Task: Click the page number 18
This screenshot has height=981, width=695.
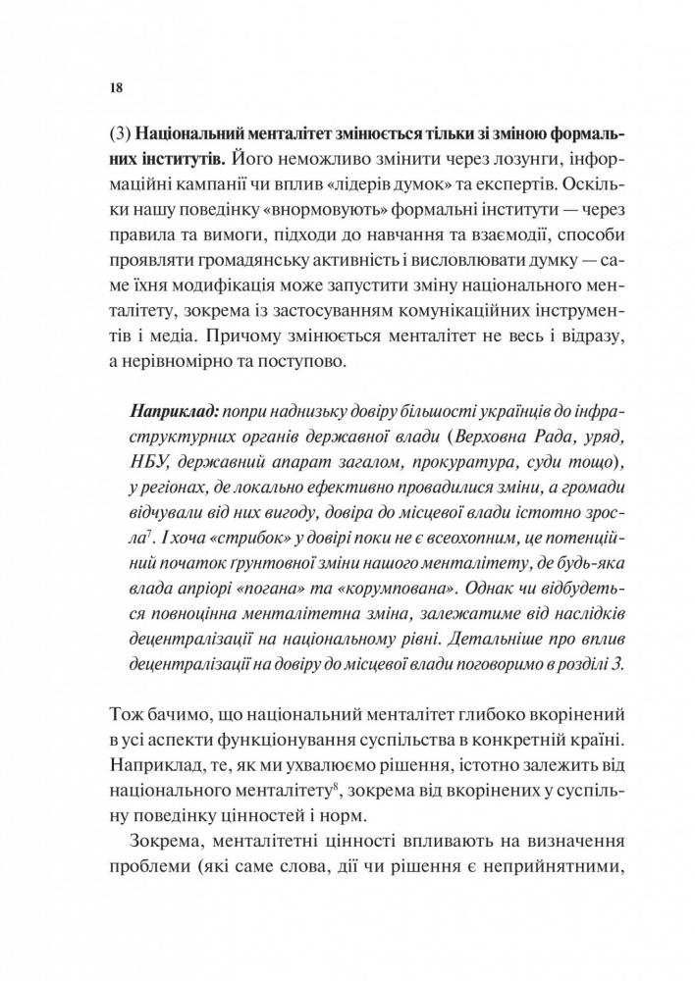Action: [x=116, y=87]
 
